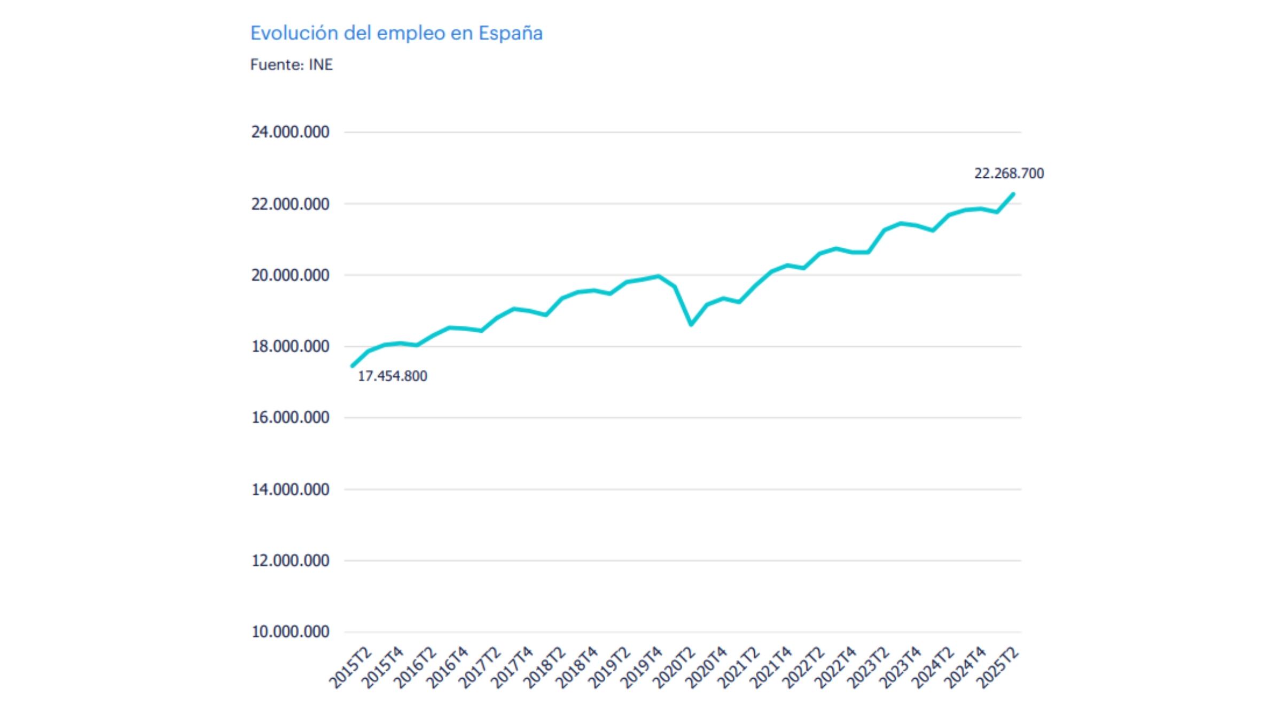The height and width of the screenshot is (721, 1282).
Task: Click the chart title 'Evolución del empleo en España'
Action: click(x=396, y=33)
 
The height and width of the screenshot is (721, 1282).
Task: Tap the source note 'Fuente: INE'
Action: click(x=291, y=65)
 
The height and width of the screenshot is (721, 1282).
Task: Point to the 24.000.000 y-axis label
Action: click(x=290, y=132)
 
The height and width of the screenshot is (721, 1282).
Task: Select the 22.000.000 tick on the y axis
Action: click(x=290, y=204)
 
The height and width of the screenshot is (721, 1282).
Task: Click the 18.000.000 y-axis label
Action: click(x=290, y=347)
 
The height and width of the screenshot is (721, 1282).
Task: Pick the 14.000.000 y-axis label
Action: click(x=290, y=489)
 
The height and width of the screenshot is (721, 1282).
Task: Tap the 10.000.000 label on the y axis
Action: click(x=290, y=632)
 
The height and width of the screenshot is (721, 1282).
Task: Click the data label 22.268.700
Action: click(x=1009, y=174)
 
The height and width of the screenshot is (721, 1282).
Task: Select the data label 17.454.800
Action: click(x=392, y=376)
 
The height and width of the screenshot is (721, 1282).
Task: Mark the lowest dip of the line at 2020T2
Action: click(x=691, y=324)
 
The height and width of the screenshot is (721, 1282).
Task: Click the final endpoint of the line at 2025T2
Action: click(x=1013, y=194)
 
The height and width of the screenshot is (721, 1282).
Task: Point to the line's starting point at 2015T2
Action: click(x=352, y=366)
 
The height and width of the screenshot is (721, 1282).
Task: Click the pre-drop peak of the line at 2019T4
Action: click(x=659, y=276)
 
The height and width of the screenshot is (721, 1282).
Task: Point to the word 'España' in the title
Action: click(x=510, y=33)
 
